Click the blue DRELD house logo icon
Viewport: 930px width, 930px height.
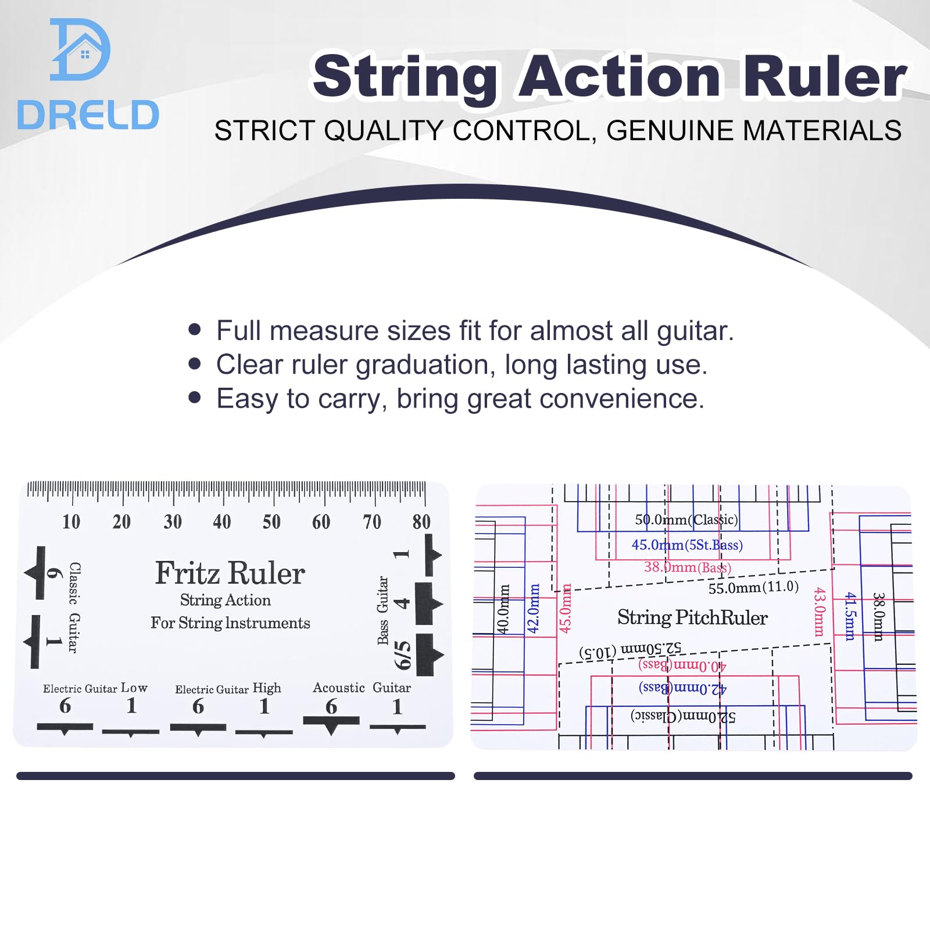tap(80, 49)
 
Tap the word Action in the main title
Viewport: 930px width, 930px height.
tap(619, 77)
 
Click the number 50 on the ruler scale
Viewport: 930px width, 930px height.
tap(271, 521)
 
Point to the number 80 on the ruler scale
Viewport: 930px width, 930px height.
tap(421, 521)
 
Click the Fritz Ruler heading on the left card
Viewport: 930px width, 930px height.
tap(230, 573)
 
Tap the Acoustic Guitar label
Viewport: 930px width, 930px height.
tap(362, 688)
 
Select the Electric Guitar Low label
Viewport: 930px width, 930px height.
tap(95, 688)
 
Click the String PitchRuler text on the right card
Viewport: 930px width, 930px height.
tap(692, 617)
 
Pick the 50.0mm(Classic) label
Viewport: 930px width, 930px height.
tap(686, 520)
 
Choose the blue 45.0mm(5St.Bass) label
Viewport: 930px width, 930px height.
tap(687, 545)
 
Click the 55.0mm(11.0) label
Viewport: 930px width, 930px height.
tap(753, 587)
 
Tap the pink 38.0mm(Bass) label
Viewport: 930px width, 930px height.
tap(688, 567)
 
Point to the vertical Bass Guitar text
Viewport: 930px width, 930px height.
tap(382, 610)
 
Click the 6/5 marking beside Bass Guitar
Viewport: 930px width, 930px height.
tap(402, 655)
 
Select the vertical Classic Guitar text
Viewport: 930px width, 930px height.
tap(74, 607)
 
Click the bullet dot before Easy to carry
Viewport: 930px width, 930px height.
tap(195, 398)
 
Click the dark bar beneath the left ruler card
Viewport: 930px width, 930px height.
tap(235, 776)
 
